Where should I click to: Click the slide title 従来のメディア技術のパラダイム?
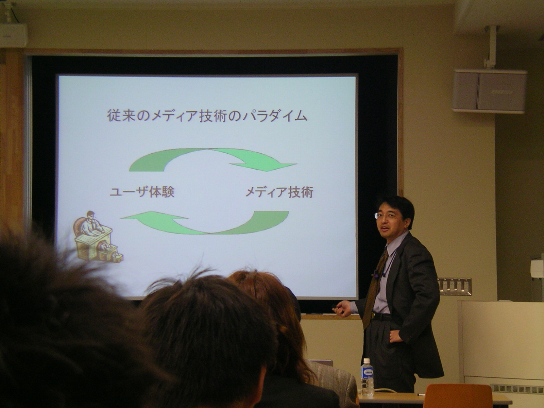tap(207, 116)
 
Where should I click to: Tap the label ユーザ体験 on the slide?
tap(142, 192)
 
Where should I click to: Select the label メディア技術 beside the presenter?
tap(279, 192)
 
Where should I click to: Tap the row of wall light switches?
tap(454, 287)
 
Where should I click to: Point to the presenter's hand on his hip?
tap(396, 336)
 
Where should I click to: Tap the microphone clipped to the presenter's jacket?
tap(376, 273)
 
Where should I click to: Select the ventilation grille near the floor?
tap(517, 389)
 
